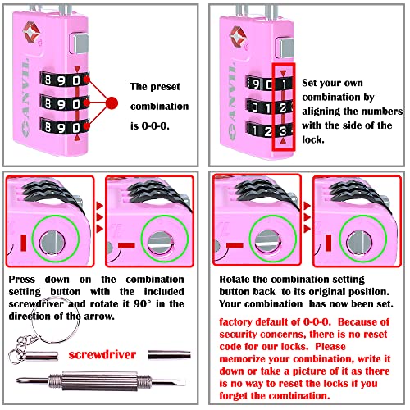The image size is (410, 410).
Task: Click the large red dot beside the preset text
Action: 112,105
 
